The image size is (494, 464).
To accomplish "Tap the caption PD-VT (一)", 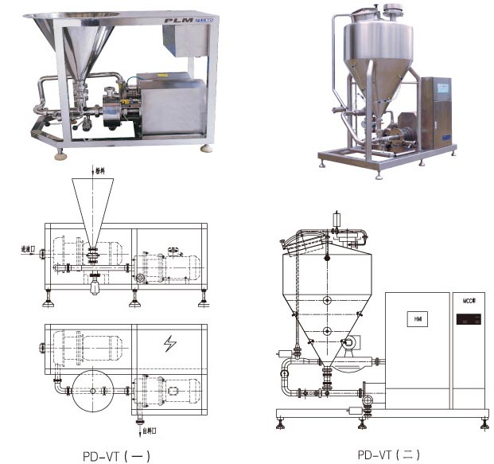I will (x=115, y=456).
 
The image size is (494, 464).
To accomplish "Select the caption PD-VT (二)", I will (x=388, y=455).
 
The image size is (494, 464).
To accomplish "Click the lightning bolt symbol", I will (x=169, y=344).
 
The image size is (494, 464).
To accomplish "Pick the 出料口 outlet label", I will (x=149, y=430).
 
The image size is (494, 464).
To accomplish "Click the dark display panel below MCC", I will (x=466, y=322).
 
